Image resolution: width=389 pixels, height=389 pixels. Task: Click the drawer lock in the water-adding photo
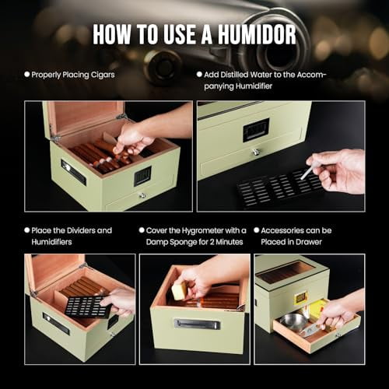[254, 152]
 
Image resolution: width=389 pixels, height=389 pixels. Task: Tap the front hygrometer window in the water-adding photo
[256, 129]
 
